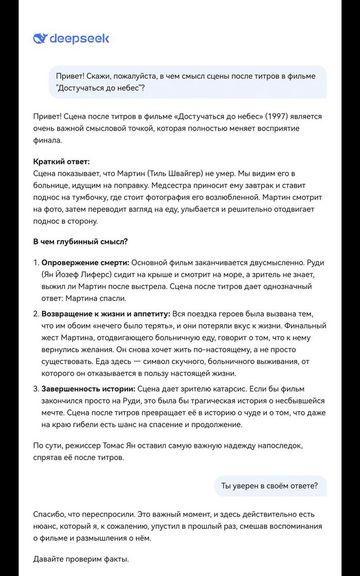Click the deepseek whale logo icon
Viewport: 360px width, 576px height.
[40, 39]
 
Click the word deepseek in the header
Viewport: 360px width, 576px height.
[79, 39]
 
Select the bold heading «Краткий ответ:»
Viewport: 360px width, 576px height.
[62, 161]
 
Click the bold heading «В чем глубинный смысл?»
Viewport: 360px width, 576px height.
[81, 241]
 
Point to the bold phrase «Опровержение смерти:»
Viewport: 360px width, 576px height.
[85, 263]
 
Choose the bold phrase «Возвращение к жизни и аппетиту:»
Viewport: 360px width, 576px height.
[105, 313]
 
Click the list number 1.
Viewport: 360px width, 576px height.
[35, 263]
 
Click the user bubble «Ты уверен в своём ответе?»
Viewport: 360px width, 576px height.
[269, 485]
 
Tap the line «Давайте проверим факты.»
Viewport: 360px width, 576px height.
[81, 559]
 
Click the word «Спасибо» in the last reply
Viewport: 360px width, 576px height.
[50, 514]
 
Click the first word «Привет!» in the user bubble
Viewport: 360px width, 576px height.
[70, 76]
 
